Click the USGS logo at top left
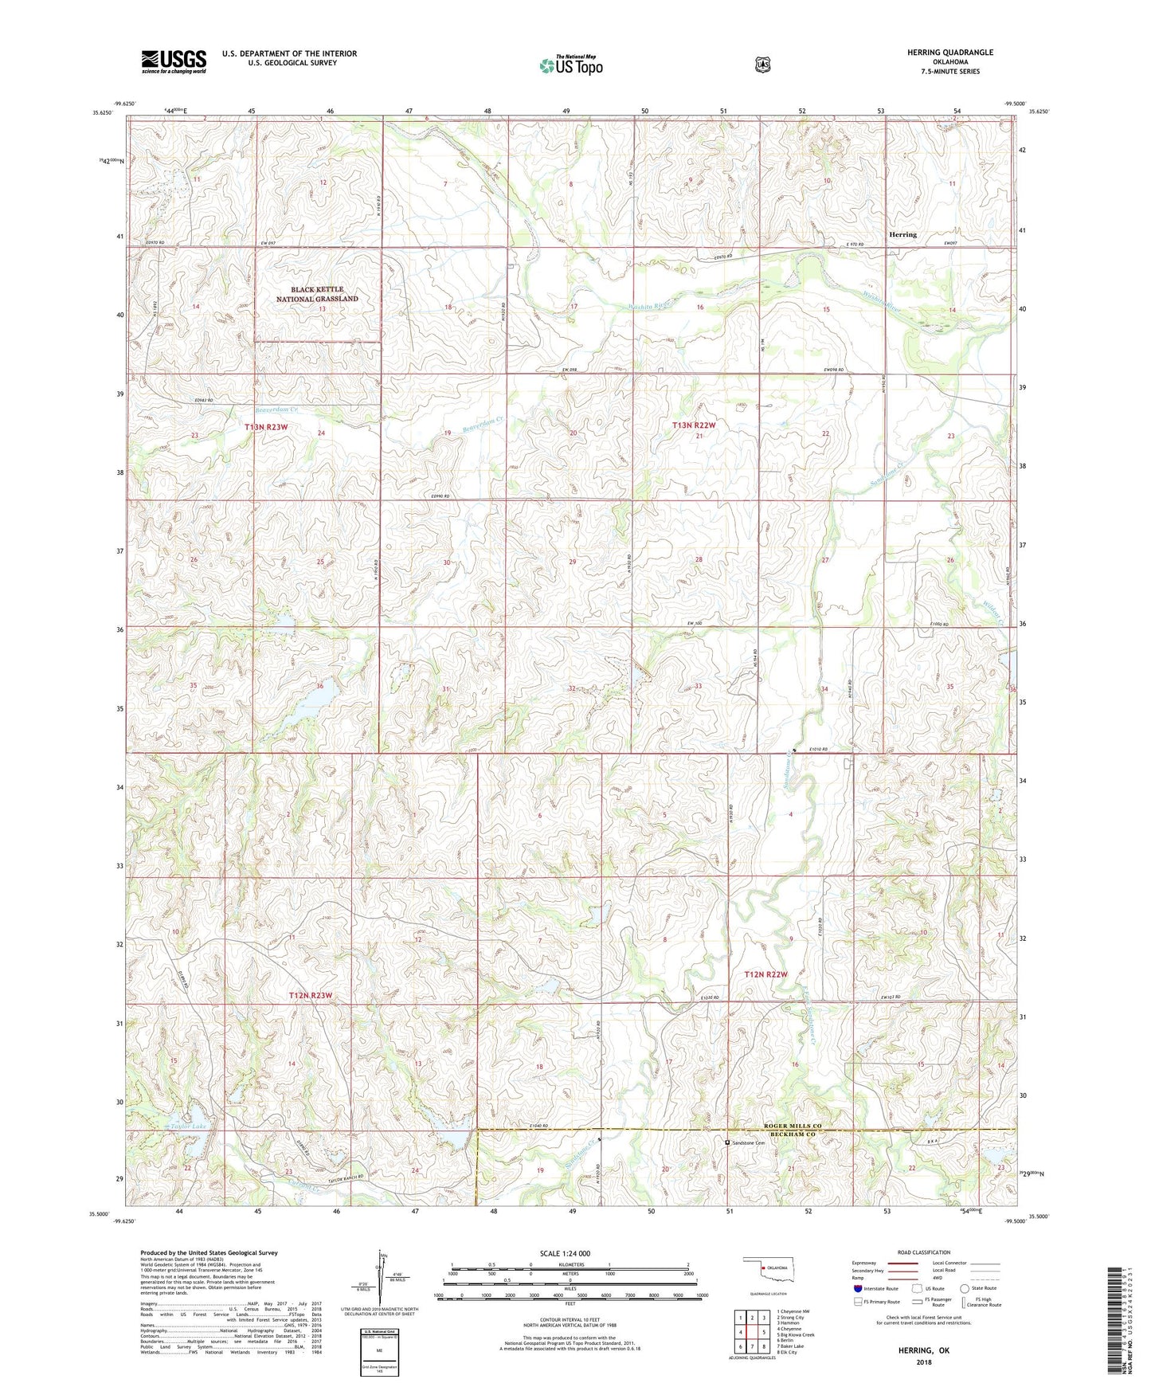[174, 61]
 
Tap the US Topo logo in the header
[570, 65]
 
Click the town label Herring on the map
[902, 235]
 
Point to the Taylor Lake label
[188, 1127]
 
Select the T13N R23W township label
[265, 428]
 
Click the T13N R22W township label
[694, 425]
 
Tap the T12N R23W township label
[310, 996]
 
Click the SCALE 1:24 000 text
[565, 1254]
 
